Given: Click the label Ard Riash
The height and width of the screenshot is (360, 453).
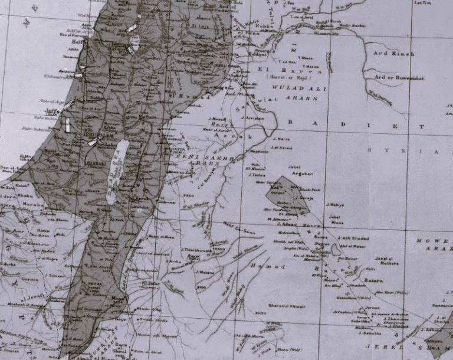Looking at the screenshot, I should point(394,54).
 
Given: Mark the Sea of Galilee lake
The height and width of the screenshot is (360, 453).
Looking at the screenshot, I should point(135,42).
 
